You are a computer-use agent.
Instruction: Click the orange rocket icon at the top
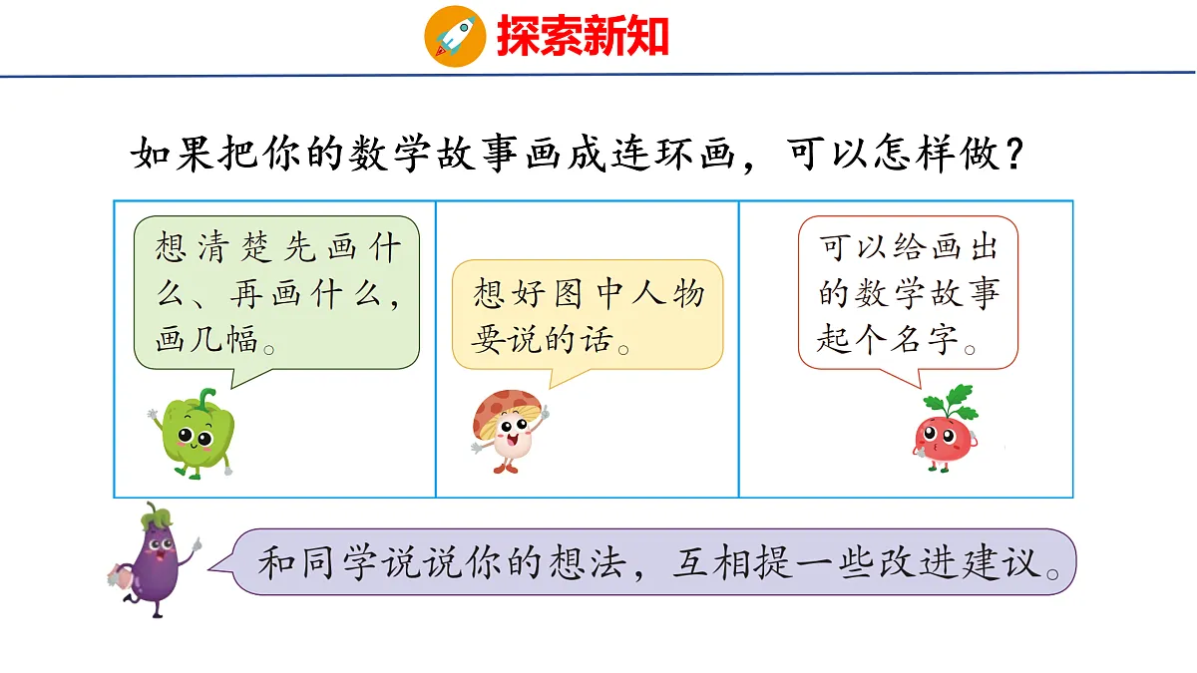(455, 36)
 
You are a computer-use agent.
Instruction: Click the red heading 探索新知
(582, 37)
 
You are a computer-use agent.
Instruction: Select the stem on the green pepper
(206, 398)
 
